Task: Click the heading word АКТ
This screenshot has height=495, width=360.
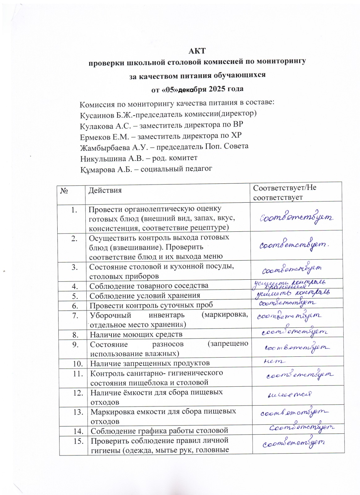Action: click(x=197, y=51)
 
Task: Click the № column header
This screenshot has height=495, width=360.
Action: click(x=64, y=191)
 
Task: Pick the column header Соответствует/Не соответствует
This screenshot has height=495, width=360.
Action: click(x=284, y=192)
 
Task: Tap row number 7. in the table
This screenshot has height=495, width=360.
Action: click(x=75, y=316)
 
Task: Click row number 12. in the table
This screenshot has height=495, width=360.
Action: click(x=78, y=393)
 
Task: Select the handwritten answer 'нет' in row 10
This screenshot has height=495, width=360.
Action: click(x=274, y=361)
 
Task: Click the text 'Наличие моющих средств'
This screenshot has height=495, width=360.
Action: click(x=136, y=334)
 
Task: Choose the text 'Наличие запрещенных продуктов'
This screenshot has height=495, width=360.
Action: click(x=150, y=363)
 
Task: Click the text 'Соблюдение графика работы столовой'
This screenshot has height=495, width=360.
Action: click(x=159, y=431)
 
